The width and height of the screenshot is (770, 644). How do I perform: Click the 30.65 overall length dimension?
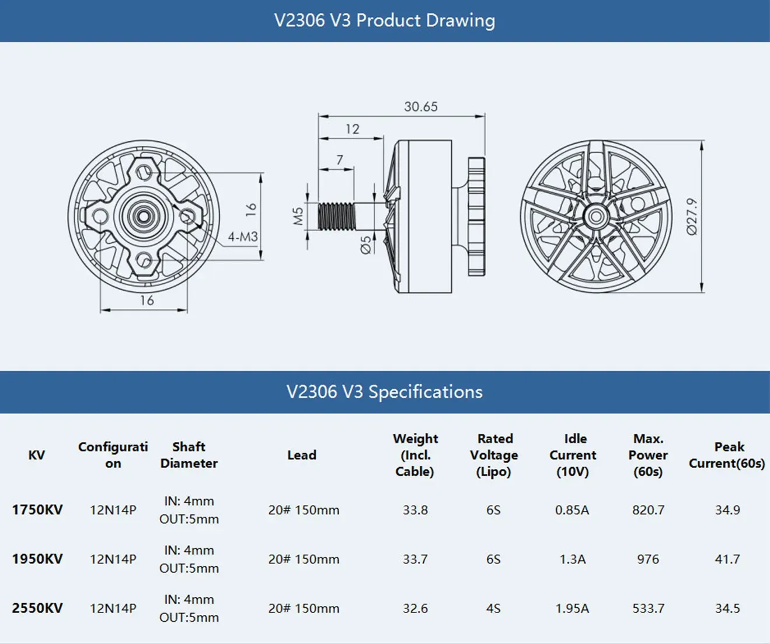point(420,107)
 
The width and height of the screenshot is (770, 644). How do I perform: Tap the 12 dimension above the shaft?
point(352,129)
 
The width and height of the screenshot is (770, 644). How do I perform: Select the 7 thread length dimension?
point(339,159)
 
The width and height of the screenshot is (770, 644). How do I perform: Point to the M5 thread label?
point(298,216)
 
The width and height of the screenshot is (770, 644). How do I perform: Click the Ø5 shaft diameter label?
point(365,244)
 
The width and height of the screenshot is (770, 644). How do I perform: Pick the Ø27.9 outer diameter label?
point(692,216)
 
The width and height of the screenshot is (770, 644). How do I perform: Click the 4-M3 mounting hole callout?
point(242,237)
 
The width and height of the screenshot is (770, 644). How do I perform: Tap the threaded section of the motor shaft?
point(337,216)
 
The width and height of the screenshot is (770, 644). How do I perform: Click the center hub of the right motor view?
point(595,217)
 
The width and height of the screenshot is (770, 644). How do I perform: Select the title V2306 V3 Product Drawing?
point(385,20)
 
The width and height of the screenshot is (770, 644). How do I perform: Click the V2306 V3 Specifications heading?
point(385,392)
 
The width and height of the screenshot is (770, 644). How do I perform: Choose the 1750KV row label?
point(37,510)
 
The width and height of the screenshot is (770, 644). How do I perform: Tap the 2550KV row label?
point(37,608)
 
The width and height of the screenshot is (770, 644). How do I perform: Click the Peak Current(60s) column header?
point(727,455)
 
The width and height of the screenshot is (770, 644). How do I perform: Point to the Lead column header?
point(301,455)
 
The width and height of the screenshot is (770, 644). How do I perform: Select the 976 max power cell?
point(648,559)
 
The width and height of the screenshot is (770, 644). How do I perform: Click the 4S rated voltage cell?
point(493,608)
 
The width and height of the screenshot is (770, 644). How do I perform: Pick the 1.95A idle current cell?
point(572,608)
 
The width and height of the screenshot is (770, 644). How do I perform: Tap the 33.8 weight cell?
point(415,510)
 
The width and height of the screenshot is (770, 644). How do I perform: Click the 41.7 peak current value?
point(727,559)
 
